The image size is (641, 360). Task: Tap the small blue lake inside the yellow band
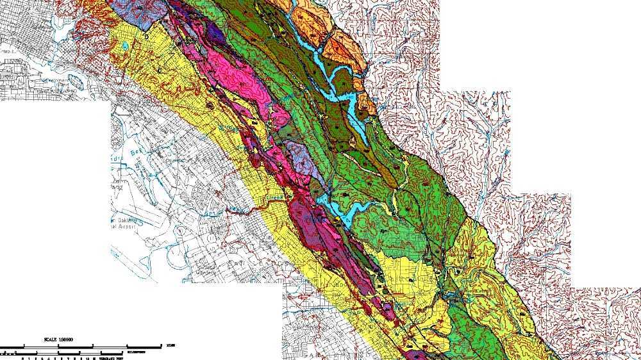click(x=126, y=46)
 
